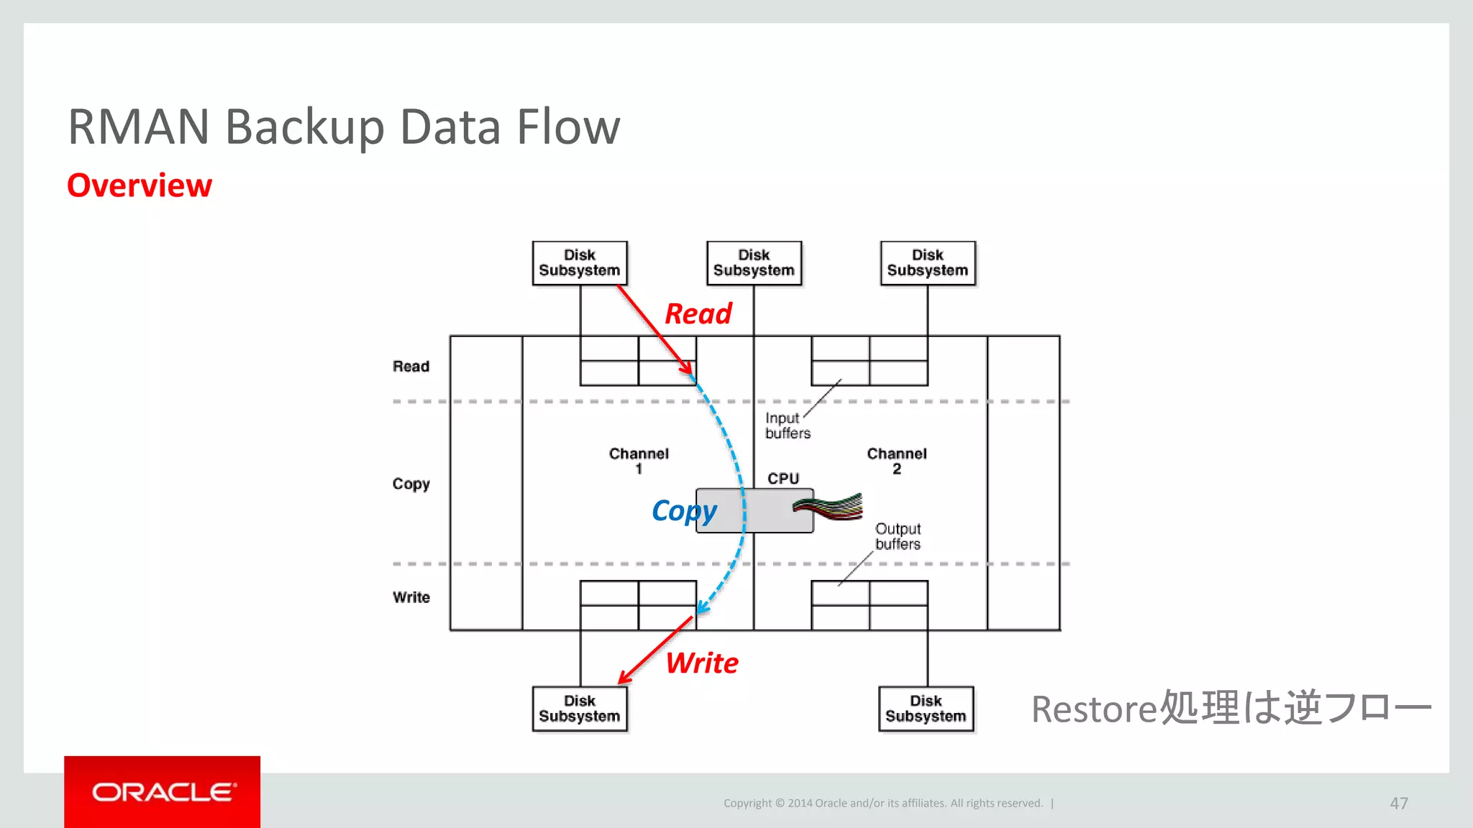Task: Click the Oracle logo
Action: click(163, 792)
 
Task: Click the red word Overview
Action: click(140, 185)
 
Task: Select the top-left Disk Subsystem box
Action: click(580, 263)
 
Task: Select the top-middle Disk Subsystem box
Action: click(754, 263)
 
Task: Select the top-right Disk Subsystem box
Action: click(928, 263)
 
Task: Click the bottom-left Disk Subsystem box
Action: click(580, 709)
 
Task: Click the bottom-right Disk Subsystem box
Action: click(926, 709)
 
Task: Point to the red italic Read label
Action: click(698, 314)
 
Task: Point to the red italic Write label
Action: click(702, 663)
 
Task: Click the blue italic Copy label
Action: click(684, 511)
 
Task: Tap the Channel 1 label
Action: click(639, 461)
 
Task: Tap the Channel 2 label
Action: click(896, 461)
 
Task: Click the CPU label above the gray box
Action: click(783, 479)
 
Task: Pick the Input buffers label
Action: click(787, 425)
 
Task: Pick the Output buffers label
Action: click(898, 536)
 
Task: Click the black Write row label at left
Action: click(411, 597)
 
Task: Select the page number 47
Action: click(1398, 803)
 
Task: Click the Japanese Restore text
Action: click(1231, 708)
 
